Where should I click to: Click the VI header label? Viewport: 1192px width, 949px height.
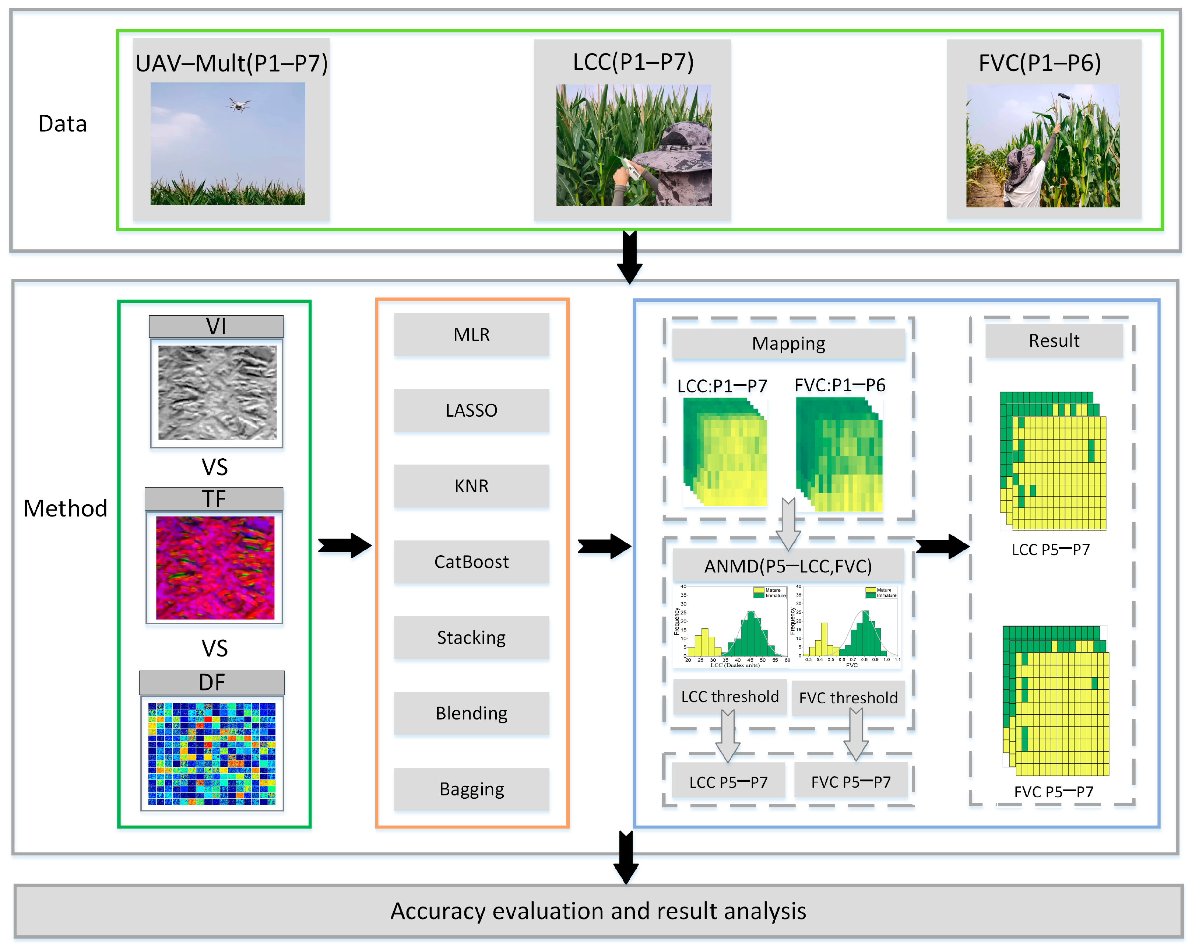[216, 326]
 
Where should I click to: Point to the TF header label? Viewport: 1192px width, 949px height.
[214, 499]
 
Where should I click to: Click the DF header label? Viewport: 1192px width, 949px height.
[212, 682]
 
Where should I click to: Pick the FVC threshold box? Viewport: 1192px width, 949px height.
[848, 698]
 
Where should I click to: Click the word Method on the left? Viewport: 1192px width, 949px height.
[65, 508]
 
